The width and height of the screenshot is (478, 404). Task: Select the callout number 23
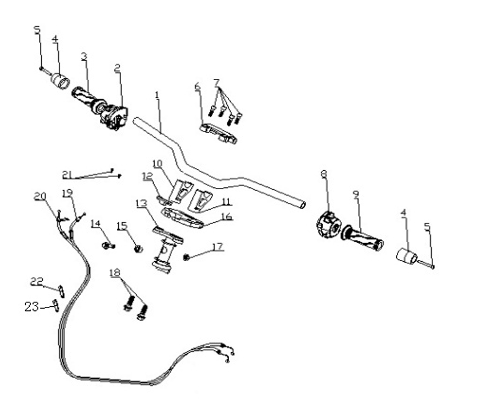coord(32,307)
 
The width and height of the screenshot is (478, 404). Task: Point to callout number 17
coord(216,247)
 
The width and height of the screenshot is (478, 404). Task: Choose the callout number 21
coord(69,174)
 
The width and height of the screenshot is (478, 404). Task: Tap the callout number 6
coord(198,86)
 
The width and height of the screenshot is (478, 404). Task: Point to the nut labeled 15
coord(137,249)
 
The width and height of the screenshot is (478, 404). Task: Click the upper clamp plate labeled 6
coord(218,133)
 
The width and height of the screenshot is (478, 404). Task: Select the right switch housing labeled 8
coord(328,223)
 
